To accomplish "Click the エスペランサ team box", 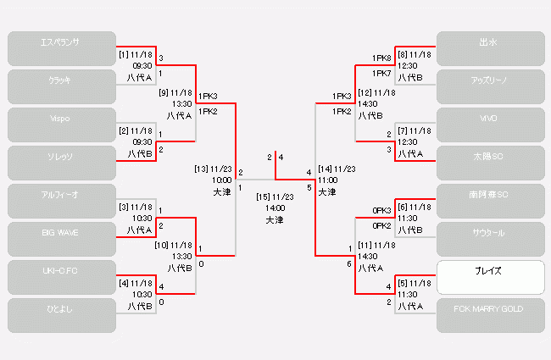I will click(61, 48).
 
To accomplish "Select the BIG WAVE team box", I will click(61, 239).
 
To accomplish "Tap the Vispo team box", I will click(61, 125).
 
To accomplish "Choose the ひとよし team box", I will click(61, 315).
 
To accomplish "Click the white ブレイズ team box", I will click(490, 277).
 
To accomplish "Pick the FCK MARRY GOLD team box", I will click(490, 315).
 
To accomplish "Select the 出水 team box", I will click(490, 48).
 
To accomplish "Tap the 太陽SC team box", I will click(490, 163).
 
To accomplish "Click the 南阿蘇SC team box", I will click(490, 201).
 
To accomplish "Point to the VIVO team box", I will click(490, 125).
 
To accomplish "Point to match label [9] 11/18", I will click(176, 93).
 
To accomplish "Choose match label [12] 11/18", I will click(376, 92).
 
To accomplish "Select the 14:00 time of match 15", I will click(275, 208).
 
